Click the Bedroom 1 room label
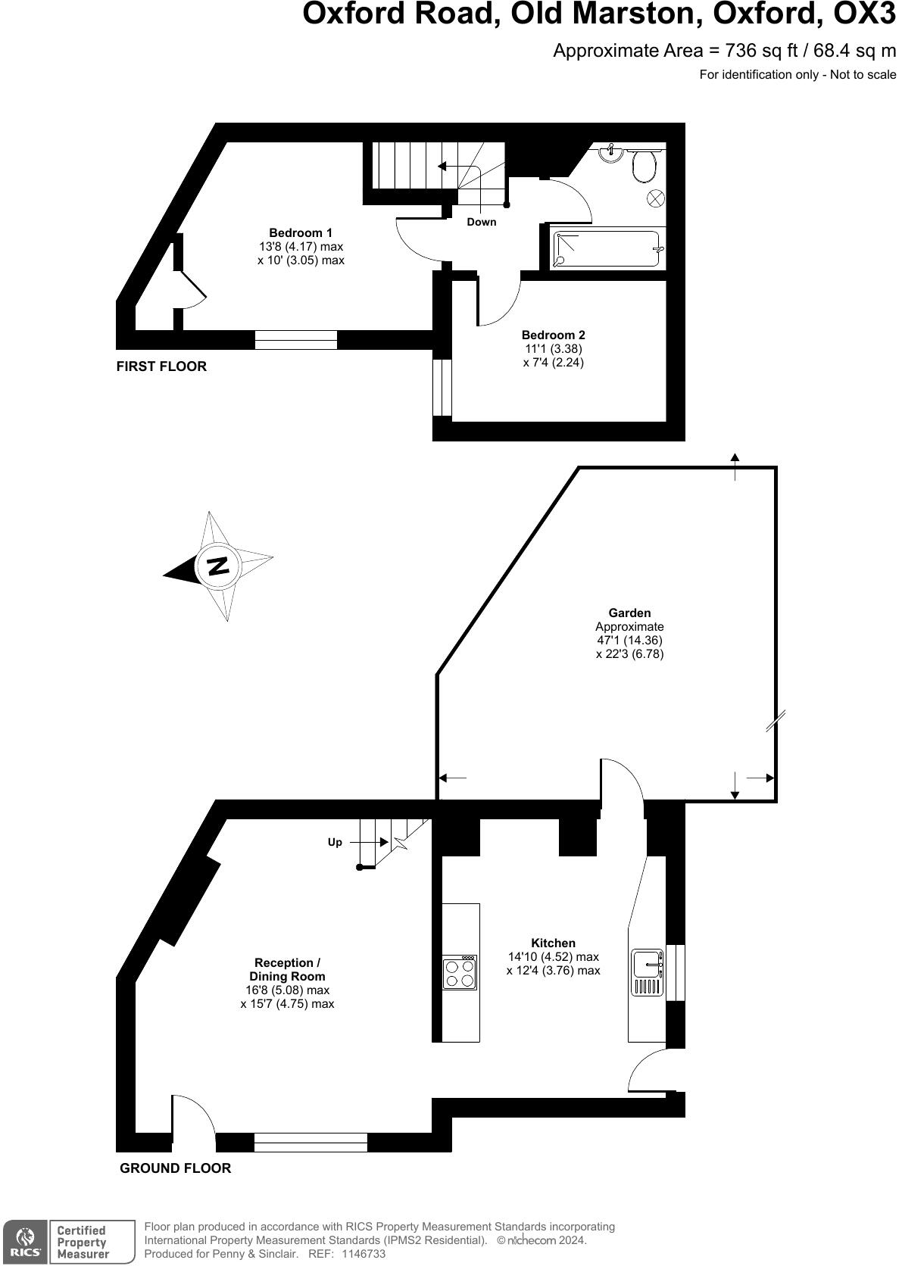pos(301,232)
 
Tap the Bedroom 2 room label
pos(553,335)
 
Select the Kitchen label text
pos(553,943)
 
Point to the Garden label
pos(629,613)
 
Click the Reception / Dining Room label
pos(287,969)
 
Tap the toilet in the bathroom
pos(644,165)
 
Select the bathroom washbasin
pos(611,153)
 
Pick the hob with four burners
pos(460,972)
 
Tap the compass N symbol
pos(218,566)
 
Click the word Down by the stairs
pos(481,222)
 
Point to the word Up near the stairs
pos(335,842)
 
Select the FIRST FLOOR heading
pos(161,366)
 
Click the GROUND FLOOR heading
pos(175,1168)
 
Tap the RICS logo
pos(24,1242)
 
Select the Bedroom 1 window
pos(295,340)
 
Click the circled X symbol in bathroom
pos(655,198)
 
